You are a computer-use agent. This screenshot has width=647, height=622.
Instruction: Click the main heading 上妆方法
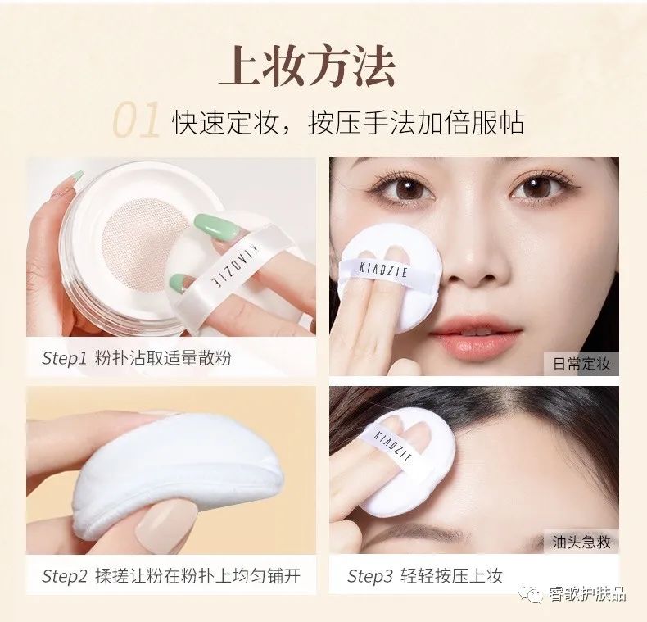[307, 68]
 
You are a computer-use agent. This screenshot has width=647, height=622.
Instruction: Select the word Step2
[65, 576]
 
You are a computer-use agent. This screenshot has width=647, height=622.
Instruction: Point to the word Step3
[369, 576]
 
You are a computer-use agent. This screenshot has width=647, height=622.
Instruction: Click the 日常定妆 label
[581, 363]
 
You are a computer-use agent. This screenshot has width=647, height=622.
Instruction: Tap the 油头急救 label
[581, 543]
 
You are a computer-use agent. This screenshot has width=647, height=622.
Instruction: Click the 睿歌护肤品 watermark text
[587, 594]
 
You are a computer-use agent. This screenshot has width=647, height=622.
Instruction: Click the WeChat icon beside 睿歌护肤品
[533, 594]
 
